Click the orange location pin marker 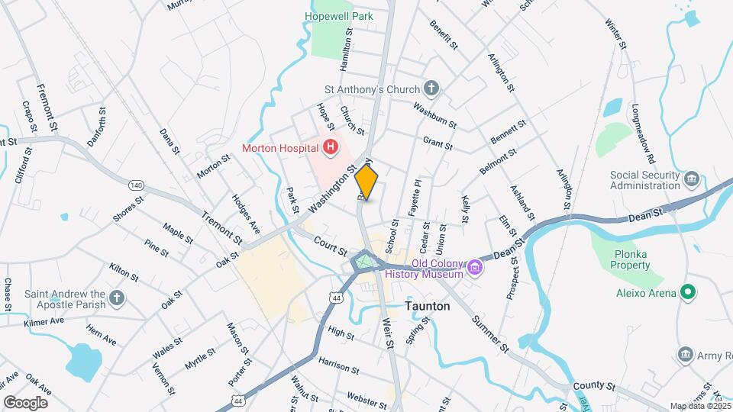366,182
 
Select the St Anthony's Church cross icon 431,89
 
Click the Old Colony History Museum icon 476,268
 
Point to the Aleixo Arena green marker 687,291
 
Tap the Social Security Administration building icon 693,179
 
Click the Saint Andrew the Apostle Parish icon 116,298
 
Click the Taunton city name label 426,306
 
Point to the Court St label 331,246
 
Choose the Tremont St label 222,227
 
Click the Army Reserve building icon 685,354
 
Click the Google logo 25,402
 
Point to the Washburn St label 435,114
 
